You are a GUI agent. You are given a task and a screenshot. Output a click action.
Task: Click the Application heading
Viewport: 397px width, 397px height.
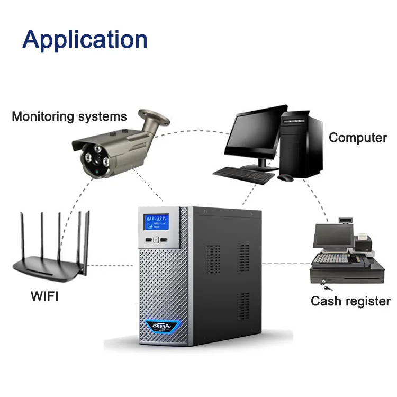click(x=85, y=40)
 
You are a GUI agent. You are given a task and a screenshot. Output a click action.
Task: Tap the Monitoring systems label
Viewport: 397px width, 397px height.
click(x=69, y=116)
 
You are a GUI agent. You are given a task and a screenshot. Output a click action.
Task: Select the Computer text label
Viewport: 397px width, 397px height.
click(x=358, y=138)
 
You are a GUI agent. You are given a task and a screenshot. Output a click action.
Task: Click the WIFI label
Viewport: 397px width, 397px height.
click(x=44, y=295)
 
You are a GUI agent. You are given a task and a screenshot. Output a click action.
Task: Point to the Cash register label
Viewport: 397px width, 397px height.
click(x=350, y=301)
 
